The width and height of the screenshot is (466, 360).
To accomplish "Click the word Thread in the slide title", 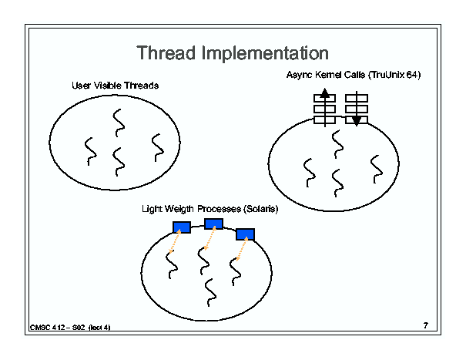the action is pyautogui.click(x=166, y=53).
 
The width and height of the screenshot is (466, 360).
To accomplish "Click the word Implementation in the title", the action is pyautogui.click(x=265, y=53).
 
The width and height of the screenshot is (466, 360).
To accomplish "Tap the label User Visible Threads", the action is pyautogui.click(x=115, y=86).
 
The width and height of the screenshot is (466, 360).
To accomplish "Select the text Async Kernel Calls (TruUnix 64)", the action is pyautogui.click(x=354, y=75).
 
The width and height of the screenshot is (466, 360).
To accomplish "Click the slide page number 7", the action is pyautogui.click(x=426, y=325).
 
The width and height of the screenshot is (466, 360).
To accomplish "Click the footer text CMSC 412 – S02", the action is pyautogui.click(x=57, y=328).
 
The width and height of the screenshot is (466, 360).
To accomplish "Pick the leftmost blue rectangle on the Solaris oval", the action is pyautogui.click(x=182, y=227).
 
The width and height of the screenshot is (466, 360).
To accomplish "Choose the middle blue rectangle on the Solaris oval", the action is pyautogui.click(x=213, y=224).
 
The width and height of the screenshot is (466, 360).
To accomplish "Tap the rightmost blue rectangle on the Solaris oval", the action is pyautogui.click(x=245, y=234).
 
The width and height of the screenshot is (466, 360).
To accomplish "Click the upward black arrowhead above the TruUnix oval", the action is pyautogui.click(x=325, y=93).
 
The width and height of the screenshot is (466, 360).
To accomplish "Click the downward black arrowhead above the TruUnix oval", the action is pyautogui.click(x=357, y=120).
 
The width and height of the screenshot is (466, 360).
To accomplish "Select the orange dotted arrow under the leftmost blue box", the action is pyautogui.click(x=175, y=241).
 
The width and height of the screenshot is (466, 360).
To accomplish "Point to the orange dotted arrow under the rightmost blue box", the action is pyautogui.click(x=242, y=249).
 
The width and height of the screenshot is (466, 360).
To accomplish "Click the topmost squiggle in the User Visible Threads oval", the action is pyautogui.click(x=119, y=123).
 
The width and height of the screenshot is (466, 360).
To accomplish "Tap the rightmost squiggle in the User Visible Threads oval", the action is pyautogui.click(x=158, y=148).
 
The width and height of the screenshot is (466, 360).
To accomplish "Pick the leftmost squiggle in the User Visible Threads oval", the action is pyautogui.click(x=91, y=151).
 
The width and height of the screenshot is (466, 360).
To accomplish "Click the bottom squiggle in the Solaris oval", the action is pyautogui.click(x=210, y=292).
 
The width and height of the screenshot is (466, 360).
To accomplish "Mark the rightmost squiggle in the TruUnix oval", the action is pyautogui.click(x=377, y=170).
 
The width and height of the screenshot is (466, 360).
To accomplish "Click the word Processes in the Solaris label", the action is pyautogui.click(x=219, y=209).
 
